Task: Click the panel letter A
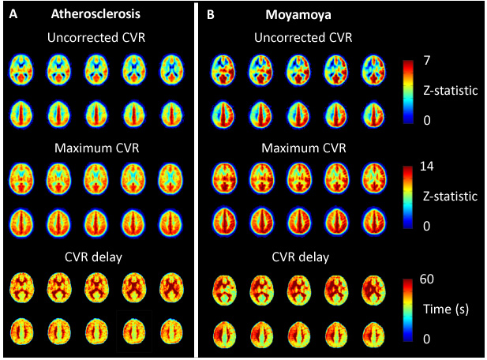pyautogui.click(x=11, y=13)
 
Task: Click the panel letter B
pyautogui.click(x=210, y=13)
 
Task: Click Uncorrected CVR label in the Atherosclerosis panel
pyautogui.click(x=97, y=37)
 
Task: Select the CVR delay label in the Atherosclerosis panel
pyautogui.click(x=97, y=257)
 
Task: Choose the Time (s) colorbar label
pyautogui.click(x=451, y=309)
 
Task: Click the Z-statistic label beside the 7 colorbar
pyautogui.click(x=452, y=91)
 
